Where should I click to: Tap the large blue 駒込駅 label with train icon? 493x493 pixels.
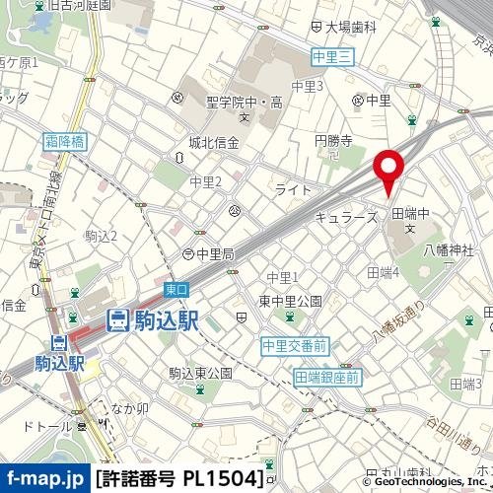[152, 318]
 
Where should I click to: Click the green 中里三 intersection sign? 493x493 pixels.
[330, 58]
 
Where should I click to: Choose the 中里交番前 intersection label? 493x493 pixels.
[294, 345]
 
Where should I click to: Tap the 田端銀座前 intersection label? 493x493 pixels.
[327, 377]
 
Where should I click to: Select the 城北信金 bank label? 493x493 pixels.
[214, 143]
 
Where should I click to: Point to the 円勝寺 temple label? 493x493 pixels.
[333, 143]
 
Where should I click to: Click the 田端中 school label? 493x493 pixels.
[412, 213]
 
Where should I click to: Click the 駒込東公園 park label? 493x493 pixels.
[200, 373]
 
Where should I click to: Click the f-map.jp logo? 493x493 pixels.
[44, 479]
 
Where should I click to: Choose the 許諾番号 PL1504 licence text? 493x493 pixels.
[181, 479]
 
